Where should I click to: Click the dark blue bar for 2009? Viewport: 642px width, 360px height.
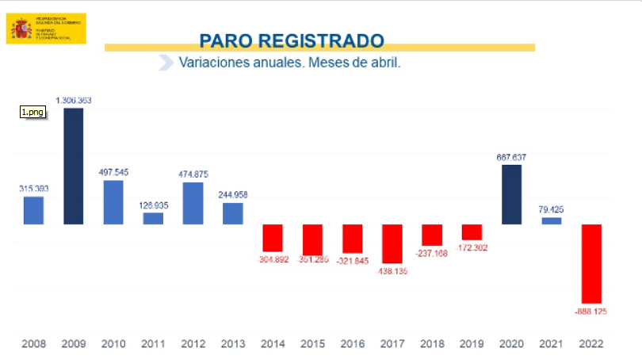tap(74, 166)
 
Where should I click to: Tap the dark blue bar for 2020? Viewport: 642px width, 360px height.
tap(512, 194)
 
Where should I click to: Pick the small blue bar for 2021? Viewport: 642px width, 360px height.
tap(552, 220)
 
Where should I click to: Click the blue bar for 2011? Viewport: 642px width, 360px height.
tap(153, 218)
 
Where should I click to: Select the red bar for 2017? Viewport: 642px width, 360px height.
tap(392, 243)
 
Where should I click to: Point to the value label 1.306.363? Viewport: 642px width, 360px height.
tap(74, 101)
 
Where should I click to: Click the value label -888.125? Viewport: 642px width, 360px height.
tap(591, 312)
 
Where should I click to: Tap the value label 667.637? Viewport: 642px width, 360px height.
tap(512, 157)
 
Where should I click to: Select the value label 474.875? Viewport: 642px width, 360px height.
tap(193, 174)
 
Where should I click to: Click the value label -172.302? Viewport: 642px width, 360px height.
tap(472, 248)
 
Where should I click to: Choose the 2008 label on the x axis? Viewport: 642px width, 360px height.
tap(34, 343)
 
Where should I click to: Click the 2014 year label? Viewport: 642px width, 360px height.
tap(273, 343)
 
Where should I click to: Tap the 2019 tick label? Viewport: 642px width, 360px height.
tap(472, 343)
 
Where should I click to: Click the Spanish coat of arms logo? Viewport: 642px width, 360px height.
tap(21, 29)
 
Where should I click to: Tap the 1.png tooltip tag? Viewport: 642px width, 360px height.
tap(32, 113)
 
